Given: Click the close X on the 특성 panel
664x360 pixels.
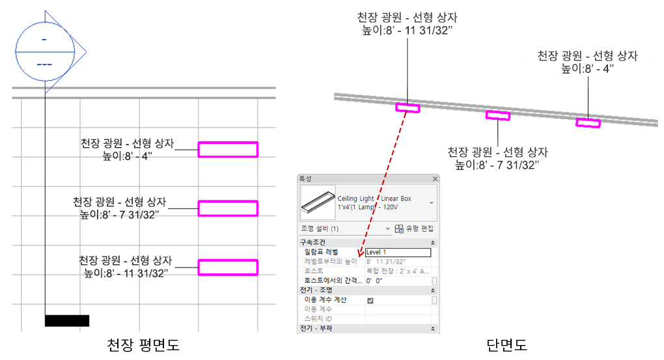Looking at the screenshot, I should pyautogui.click(x=435, y=178).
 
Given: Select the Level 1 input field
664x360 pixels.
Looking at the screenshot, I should pyautogui.click(x=398, y=252).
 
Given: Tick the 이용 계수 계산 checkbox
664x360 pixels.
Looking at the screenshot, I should pyautogui.click(x=370, y=300).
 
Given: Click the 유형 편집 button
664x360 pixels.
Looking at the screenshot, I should pyautogui.click(x=414, y=228).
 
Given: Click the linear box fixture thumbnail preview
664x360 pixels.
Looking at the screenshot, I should pyautogui.click(x=317, y=202).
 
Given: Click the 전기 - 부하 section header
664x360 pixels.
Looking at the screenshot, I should pyautogui.click(x=316, y=328).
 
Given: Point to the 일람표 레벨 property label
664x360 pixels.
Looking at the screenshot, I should pyautogui.click(x=322, y=252).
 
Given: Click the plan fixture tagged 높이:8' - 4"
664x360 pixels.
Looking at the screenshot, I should pyautogui.click(x=228, y=150).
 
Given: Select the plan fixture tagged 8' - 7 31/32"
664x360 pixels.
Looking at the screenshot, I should pyautogui.click(x=228, y=208).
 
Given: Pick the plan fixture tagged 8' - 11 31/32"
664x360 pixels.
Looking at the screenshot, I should pyautogui.click(x=228, y=267).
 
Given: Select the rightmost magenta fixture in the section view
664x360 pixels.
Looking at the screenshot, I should pyautogui.click(x=588, y=122).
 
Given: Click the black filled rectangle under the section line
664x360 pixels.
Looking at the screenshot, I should pyautogui.click(x=67, y=320).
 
